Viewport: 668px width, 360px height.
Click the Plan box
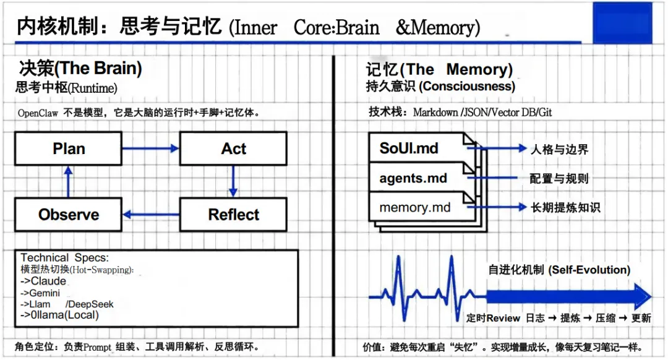point(69,149)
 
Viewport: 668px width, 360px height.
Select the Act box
point(233,149)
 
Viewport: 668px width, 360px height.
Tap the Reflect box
point(233,215)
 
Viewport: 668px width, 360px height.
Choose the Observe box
point(69,215)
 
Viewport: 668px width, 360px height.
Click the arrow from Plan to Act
point(150,148)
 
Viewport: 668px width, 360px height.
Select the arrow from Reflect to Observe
point(151,215)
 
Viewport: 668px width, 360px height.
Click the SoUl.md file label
point(409,148)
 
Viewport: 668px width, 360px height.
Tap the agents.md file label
point(413,178)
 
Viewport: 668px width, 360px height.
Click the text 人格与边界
point(559,149)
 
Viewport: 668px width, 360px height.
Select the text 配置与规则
point(559,179)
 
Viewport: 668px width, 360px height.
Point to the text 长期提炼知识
point(565,207)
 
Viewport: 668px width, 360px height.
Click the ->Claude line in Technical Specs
point(43,281)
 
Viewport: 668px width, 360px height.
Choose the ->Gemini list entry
point(40,293)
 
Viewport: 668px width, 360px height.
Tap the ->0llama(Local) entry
point(59,315)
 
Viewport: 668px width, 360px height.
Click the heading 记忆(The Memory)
point(439,69)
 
